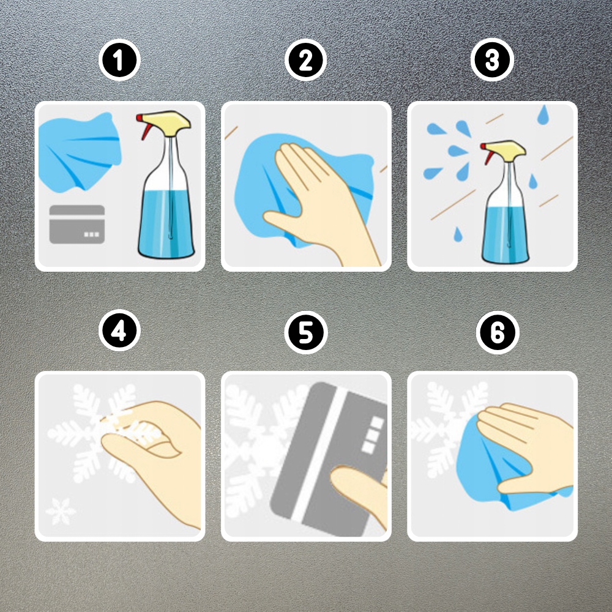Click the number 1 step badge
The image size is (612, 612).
(119, 60)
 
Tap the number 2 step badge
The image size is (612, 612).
(305, 60)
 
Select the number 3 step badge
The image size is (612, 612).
(492, 60)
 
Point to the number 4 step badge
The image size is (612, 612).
(119, 330)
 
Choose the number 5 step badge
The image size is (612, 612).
(305, 332)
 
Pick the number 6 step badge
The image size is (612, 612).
(497, 332)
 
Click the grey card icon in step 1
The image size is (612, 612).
(77, 225)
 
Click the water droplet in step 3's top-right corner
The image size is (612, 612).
(543, 115)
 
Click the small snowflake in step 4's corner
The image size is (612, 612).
(61, 511)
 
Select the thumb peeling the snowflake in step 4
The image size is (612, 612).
(143, 444)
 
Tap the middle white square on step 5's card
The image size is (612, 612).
(372, 435)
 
